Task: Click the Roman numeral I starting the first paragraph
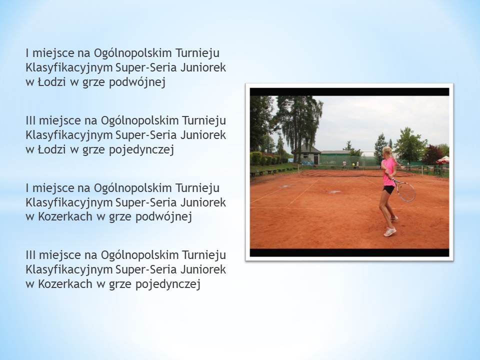27,53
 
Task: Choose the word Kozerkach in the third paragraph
65,216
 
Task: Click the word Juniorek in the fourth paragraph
203,269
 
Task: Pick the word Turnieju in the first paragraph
197,53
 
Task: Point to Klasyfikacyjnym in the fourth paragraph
69,270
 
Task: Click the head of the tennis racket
406,191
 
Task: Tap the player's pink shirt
389,171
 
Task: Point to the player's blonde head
387,151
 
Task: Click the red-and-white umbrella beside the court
443,160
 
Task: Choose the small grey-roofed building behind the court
306,154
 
